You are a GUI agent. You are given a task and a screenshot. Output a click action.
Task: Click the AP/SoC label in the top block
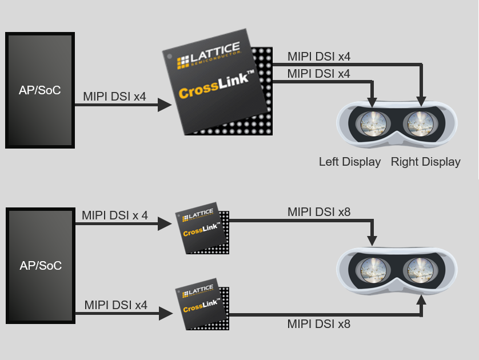coord(40,90)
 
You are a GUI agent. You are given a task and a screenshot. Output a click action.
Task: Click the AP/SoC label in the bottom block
coord(40,266)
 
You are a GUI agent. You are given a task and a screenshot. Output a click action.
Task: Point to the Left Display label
coord(349,162)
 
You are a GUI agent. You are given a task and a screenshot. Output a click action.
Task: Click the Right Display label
coord(425,162)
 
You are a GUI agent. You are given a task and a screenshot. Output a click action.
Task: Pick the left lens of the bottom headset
coord(373,269)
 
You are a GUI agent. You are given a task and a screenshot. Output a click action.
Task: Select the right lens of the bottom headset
coord(421,269)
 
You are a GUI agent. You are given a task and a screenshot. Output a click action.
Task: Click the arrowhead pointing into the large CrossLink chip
coord(165,105)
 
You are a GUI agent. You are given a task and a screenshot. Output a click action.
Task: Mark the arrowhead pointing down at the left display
coord(373,101)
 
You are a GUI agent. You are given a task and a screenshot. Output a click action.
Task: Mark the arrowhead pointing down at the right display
coord(422,101)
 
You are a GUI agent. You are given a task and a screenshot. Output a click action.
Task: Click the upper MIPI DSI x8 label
coord(318,212)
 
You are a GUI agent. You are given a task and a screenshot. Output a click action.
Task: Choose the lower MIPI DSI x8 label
coord(318,324)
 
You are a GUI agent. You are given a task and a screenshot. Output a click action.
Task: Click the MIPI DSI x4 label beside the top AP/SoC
coord(114,97)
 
